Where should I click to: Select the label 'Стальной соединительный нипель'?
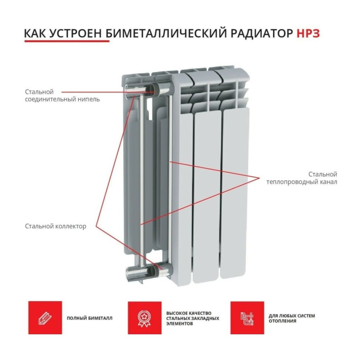click(x=62, y=95)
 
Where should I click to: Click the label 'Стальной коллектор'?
click(x=55, y=226)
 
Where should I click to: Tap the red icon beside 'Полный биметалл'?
click(x=45, y=318)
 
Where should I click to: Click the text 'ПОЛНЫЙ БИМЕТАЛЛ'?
click(x=89, y=318)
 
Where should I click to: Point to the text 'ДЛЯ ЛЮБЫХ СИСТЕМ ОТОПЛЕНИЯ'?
click(x=292, y=318)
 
